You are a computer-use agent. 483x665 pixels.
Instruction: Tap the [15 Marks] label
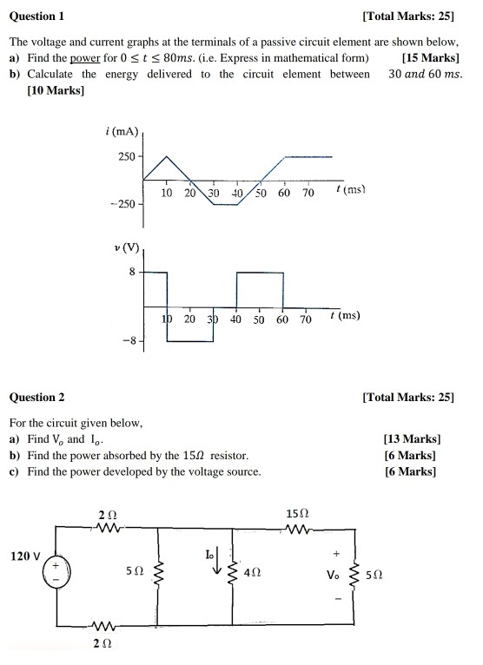(x=431, y=58)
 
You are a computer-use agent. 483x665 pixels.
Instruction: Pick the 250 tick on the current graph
(x=126, y=156)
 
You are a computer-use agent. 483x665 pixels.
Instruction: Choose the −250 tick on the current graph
(x=123, y=203)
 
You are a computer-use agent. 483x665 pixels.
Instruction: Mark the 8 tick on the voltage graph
(x=132, y=272)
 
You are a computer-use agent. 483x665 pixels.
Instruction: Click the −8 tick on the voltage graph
(x=130, y=340)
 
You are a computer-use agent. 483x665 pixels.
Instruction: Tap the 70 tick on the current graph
(x=308, y=193)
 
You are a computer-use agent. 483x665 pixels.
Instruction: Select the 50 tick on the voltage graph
(x=259, y=319)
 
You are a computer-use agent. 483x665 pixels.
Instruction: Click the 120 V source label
(x=25, y=556)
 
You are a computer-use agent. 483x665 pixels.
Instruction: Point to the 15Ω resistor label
(x=297, y=515)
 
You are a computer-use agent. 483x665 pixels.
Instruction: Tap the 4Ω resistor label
(x=252, y=573)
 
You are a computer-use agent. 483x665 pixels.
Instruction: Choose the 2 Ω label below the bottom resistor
(x=103, y=643)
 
